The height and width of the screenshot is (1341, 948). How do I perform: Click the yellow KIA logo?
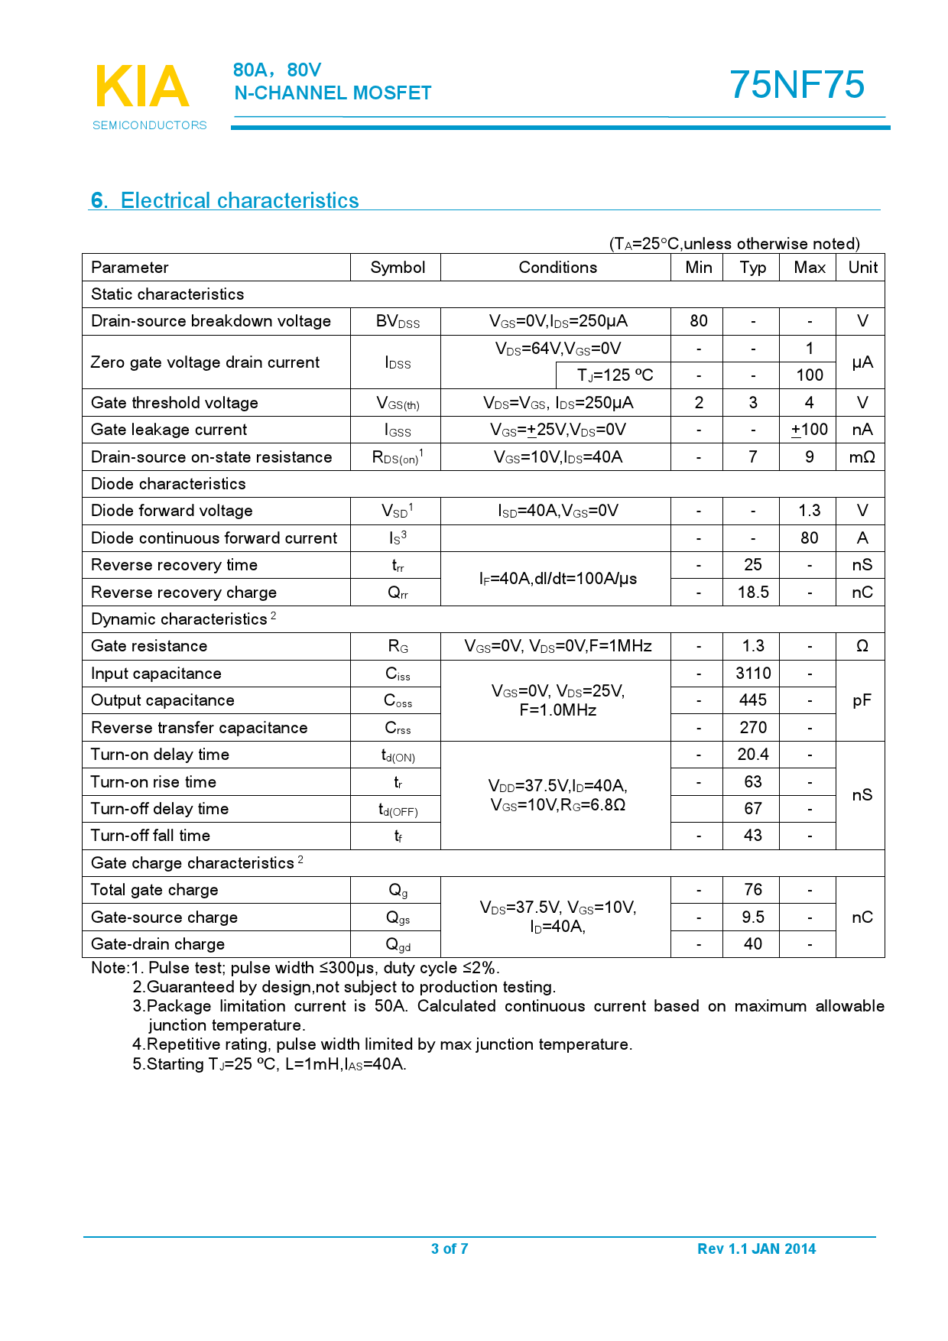click(142, 86)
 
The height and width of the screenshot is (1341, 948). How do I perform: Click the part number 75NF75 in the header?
click(797, 85)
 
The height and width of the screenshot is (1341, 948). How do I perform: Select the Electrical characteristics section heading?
click(225, 200)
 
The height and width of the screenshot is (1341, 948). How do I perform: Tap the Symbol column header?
click(398, 268)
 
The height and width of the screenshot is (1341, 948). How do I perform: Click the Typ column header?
click(752, 268)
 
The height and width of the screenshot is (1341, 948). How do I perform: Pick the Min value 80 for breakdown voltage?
click(698, 321)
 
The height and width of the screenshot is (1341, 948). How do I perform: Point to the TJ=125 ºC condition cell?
click(615, 375)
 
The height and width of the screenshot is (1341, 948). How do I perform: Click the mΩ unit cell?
click(862, 457)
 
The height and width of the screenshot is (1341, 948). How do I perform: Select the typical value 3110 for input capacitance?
click(752, 674)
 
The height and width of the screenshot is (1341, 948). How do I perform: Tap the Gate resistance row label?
click(149, 646)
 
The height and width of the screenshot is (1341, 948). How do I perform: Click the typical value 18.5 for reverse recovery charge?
click(752, 593)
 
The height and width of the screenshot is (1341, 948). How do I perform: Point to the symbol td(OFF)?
click(398, 810)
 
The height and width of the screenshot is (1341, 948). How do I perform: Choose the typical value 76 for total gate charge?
click(752, 890)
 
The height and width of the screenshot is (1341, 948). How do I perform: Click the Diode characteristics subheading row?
click(168, 484)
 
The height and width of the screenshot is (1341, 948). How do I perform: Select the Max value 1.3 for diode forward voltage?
click(809, 511)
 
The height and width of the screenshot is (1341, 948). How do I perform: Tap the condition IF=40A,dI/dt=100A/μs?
click(557, 579)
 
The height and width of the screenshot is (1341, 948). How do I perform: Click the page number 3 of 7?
click(450, 1248)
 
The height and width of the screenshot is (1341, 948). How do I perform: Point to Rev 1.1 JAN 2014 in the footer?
click(756, 1248)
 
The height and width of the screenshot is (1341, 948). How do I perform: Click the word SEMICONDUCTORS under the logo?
click(150, 125)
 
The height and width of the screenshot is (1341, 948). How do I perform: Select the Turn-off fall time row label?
click(151, 836)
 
